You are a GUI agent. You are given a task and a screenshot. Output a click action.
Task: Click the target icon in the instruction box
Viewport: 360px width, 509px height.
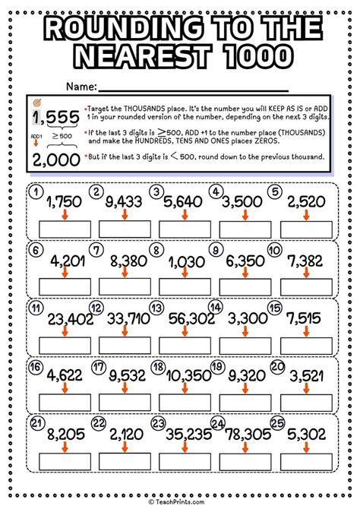[x=39, y=102]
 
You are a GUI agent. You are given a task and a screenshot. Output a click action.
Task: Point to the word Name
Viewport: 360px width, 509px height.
[x=81, y=84]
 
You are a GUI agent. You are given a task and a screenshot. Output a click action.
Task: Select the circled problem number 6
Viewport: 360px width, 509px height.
[x=35, y=249]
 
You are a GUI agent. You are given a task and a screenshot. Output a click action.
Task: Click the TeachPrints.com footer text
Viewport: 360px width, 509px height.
[x=180, y=502]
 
